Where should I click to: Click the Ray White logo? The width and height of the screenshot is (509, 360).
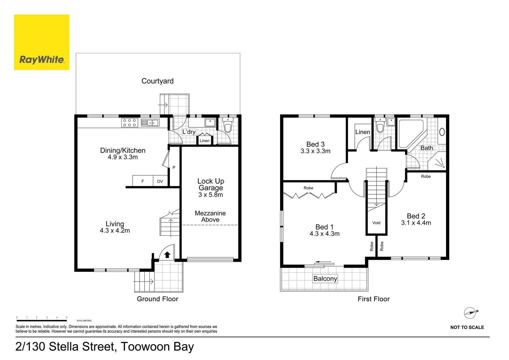click(42, 42)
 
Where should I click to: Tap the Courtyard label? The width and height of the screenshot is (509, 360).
click(158, 81)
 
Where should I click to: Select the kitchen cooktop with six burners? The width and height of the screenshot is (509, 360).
click(130, 123)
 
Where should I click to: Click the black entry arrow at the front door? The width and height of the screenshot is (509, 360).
click(167, 255)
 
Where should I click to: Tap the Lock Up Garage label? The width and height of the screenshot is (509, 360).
click(211, 184)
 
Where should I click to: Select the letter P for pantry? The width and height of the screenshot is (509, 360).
click(174, 167)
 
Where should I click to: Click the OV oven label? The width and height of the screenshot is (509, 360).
click(160, 181)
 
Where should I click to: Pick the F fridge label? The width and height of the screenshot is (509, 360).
click(143, 181)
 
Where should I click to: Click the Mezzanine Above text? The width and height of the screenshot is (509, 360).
click(210, 216)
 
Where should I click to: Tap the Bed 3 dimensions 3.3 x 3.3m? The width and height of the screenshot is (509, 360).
click(315, 151)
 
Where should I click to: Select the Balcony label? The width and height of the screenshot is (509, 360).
click(325, 279)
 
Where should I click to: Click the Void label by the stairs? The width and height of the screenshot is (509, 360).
click(376, 223)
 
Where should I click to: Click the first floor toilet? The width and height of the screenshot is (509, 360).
click(380, 125)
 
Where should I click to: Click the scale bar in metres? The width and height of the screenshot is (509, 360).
click(42, 320)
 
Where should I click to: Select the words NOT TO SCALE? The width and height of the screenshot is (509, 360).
click(467, 327)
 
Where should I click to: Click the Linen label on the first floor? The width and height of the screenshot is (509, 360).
click(363, 132)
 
